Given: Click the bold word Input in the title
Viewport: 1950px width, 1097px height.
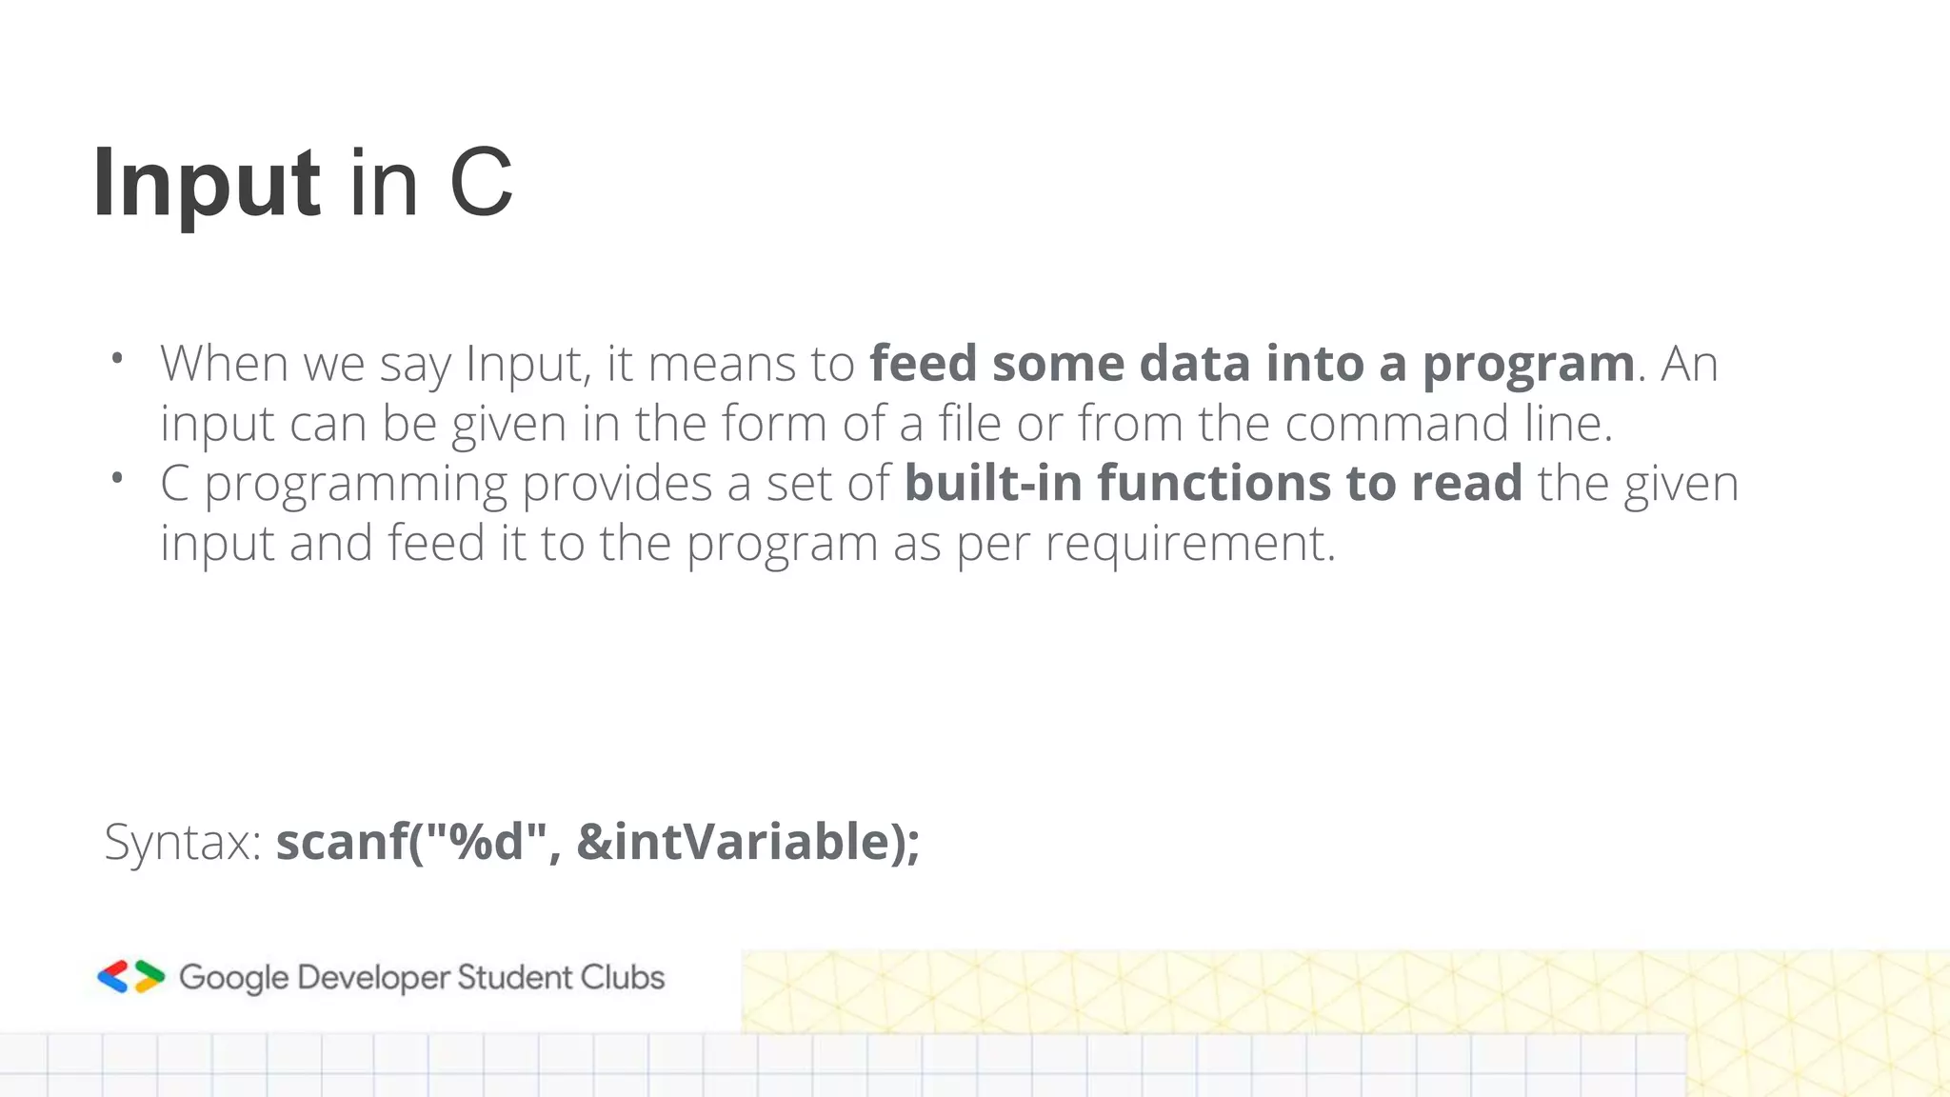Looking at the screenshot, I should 206,183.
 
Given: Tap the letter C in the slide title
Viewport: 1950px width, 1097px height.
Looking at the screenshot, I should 481,183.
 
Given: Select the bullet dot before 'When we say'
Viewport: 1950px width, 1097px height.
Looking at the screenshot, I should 116,359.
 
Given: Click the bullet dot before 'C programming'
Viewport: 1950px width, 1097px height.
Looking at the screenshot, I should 116,478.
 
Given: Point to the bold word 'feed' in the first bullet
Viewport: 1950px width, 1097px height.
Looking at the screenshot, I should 924,364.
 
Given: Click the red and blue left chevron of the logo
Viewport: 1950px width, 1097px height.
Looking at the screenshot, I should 113,977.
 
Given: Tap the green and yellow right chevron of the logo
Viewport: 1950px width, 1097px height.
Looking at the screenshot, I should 149,977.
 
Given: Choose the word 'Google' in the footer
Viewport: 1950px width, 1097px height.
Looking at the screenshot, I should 233,978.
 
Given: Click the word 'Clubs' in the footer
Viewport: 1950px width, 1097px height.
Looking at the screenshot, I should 623,977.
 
